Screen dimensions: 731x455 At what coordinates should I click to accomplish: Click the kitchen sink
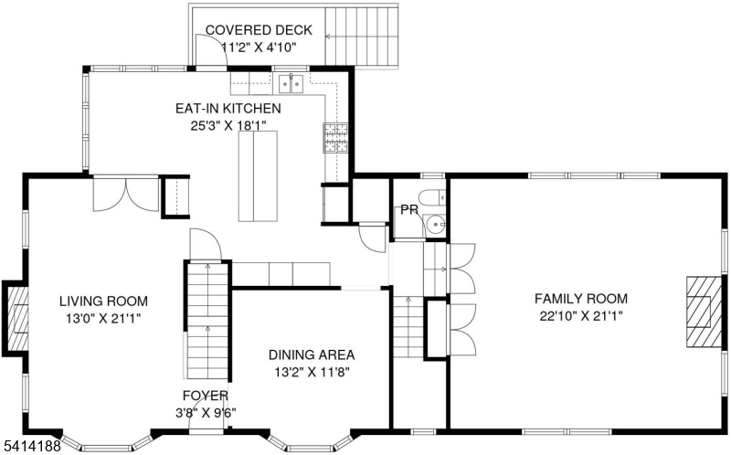pyautogui.click(x=291, y=83)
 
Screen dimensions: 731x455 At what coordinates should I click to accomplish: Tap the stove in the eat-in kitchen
pyautogui.click(x=335, y=138)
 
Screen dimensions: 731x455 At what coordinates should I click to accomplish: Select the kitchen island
pyautogui.click(x=258, y=176)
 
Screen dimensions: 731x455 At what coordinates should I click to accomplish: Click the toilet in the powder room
pyautogui.click(x=431, y=197)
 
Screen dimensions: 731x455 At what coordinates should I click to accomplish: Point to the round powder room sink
pyautogui.click(x=436, y=225)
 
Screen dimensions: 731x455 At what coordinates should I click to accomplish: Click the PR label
pyautogui.click(x=408, y=210)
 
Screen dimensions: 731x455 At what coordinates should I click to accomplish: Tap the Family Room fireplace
pyautogui.click(x=704, y=312)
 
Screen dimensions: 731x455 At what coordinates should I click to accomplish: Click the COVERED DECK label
pyautogui.click(x=259, y=30)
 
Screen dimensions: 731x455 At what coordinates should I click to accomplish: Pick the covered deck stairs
pyautogui.click(x=361, y=37)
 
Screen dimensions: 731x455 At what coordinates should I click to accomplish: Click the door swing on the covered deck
pyautogui.click(x=211, y=50)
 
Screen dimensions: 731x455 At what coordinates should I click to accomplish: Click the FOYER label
pyautogui.click(x=206, y=396)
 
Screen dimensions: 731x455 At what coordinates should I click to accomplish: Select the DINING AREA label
pyautogui.click(x=312, y=354)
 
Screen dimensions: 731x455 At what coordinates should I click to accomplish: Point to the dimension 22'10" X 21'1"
pyautogui.click(x=581, y=316)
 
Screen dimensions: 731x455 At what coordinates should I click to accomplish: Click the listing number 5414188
pyautogui.click(x=31, y=446)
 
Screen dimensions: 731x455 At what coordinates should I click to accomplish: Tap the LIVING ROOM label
pyautogui.click(x=103, y=302)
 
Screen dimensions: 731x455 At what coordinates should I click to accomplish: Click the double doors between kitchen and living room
pyautogui.click(x=126, y=194)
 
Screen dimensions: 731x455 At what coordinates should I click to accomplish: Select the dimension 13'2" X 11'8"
pyautogui.click(x=312, y=372)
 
